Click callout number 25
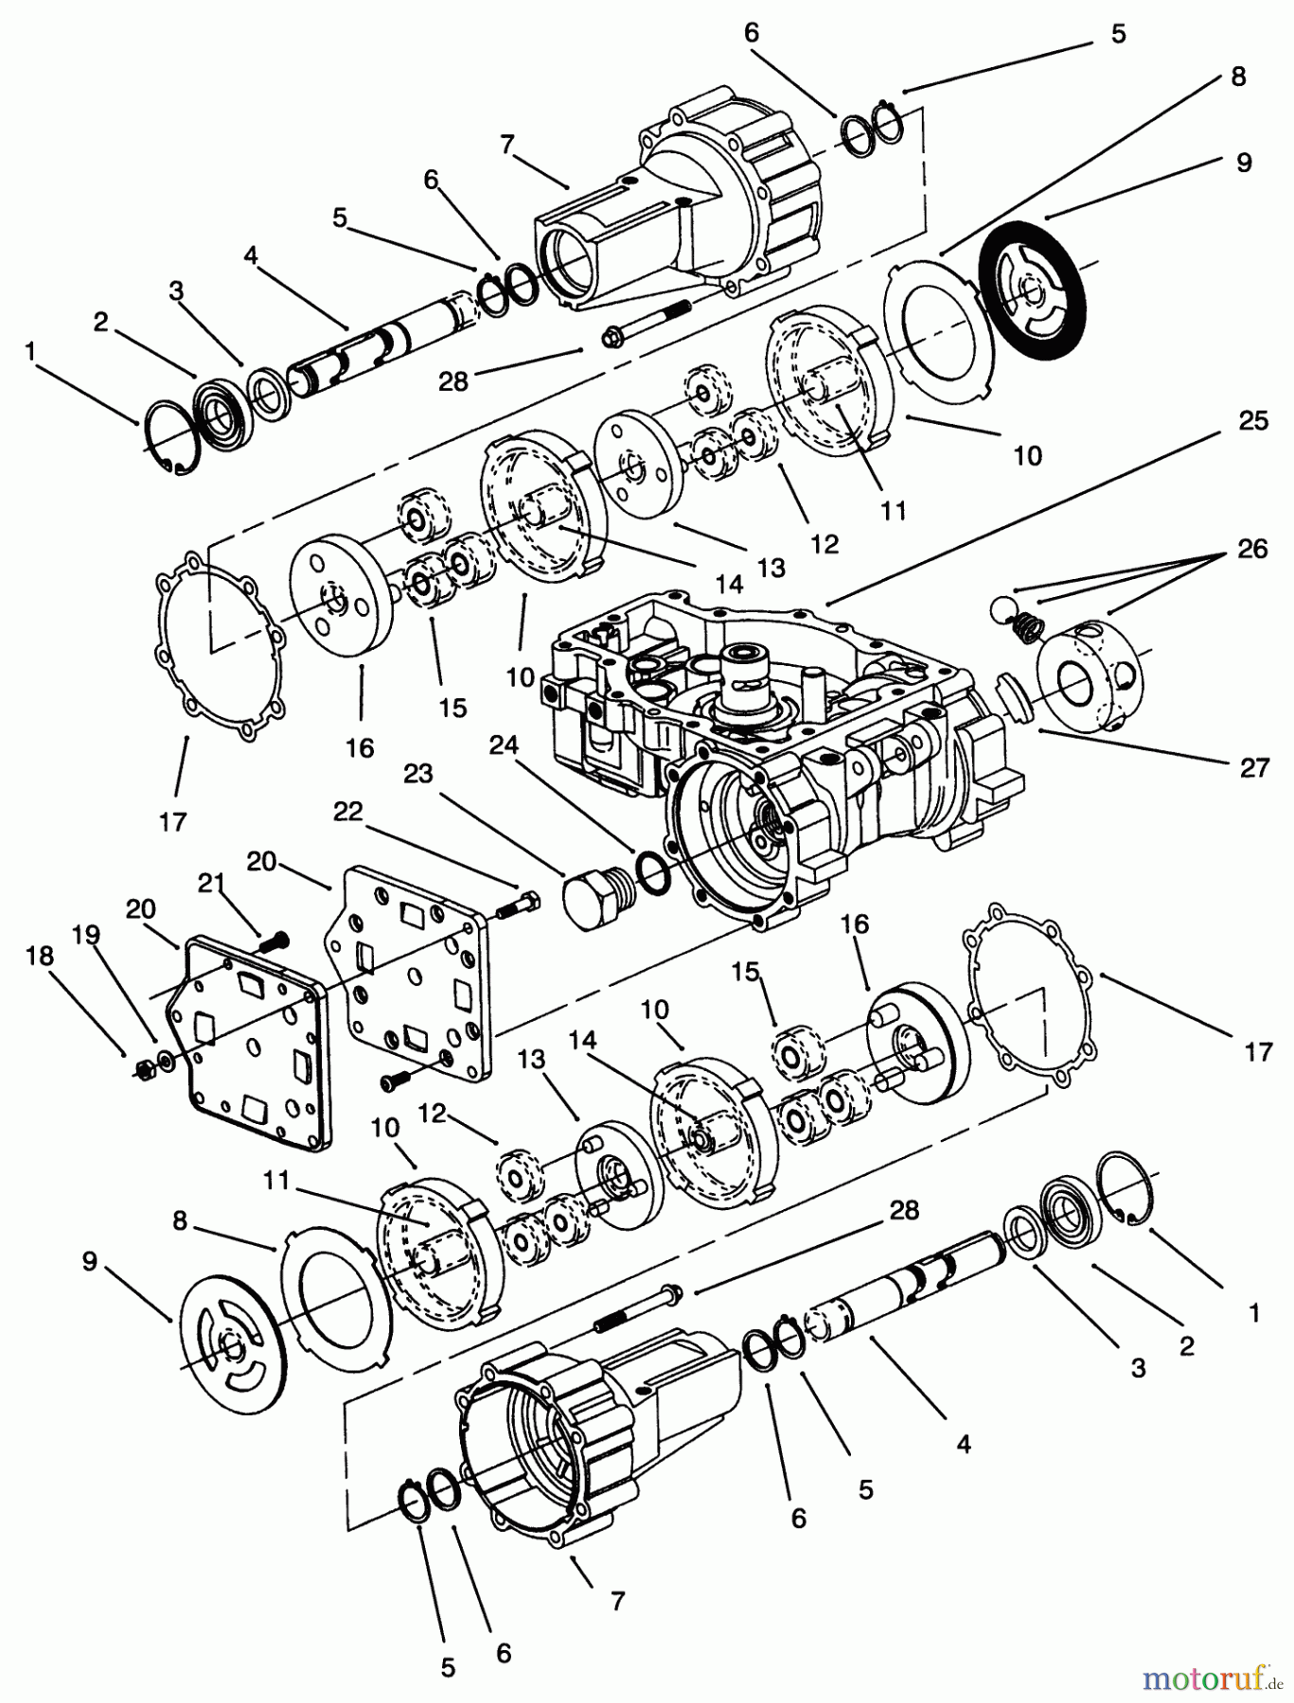1253,420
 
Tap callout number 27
1254,767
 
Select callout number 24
504,746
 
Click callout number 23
417,774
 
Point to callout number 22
348,812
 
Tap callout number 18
39,956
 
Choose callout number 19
86,936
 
